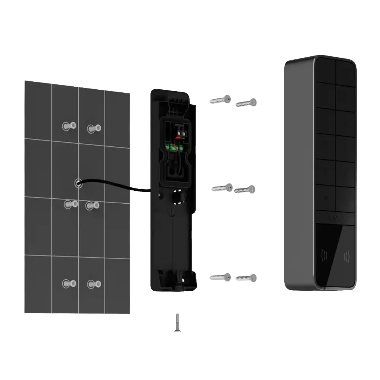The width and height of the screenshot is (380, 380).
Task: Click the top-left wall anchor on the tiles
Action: [70, 125]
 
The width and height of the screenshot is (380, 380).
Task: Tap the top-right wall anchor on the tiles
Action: [93, 128]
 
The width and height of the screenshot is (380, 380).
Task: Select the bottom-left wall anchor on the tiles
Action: [70, 283]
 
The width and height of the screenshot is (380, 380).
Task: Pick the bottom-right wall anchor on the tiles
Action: [93, 284]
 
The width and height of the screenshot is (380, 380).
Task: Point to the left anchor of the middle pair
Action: [70, 204]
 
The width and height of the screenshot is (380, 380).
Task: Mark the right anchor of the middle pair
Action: [93, 206]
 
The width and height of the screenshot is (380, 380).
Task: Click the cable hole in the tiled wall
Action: [78, 183]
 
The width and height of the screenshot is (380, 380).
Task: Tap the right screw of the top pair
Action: [247, 102]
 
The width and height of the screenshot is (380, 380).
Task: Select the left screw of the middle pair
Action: [222, 188]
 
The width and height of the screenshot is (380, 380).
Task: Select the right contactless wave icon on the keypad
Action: [347, 257]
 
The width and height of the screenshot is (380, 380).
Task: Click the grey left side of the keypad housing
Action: [298, 175]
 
